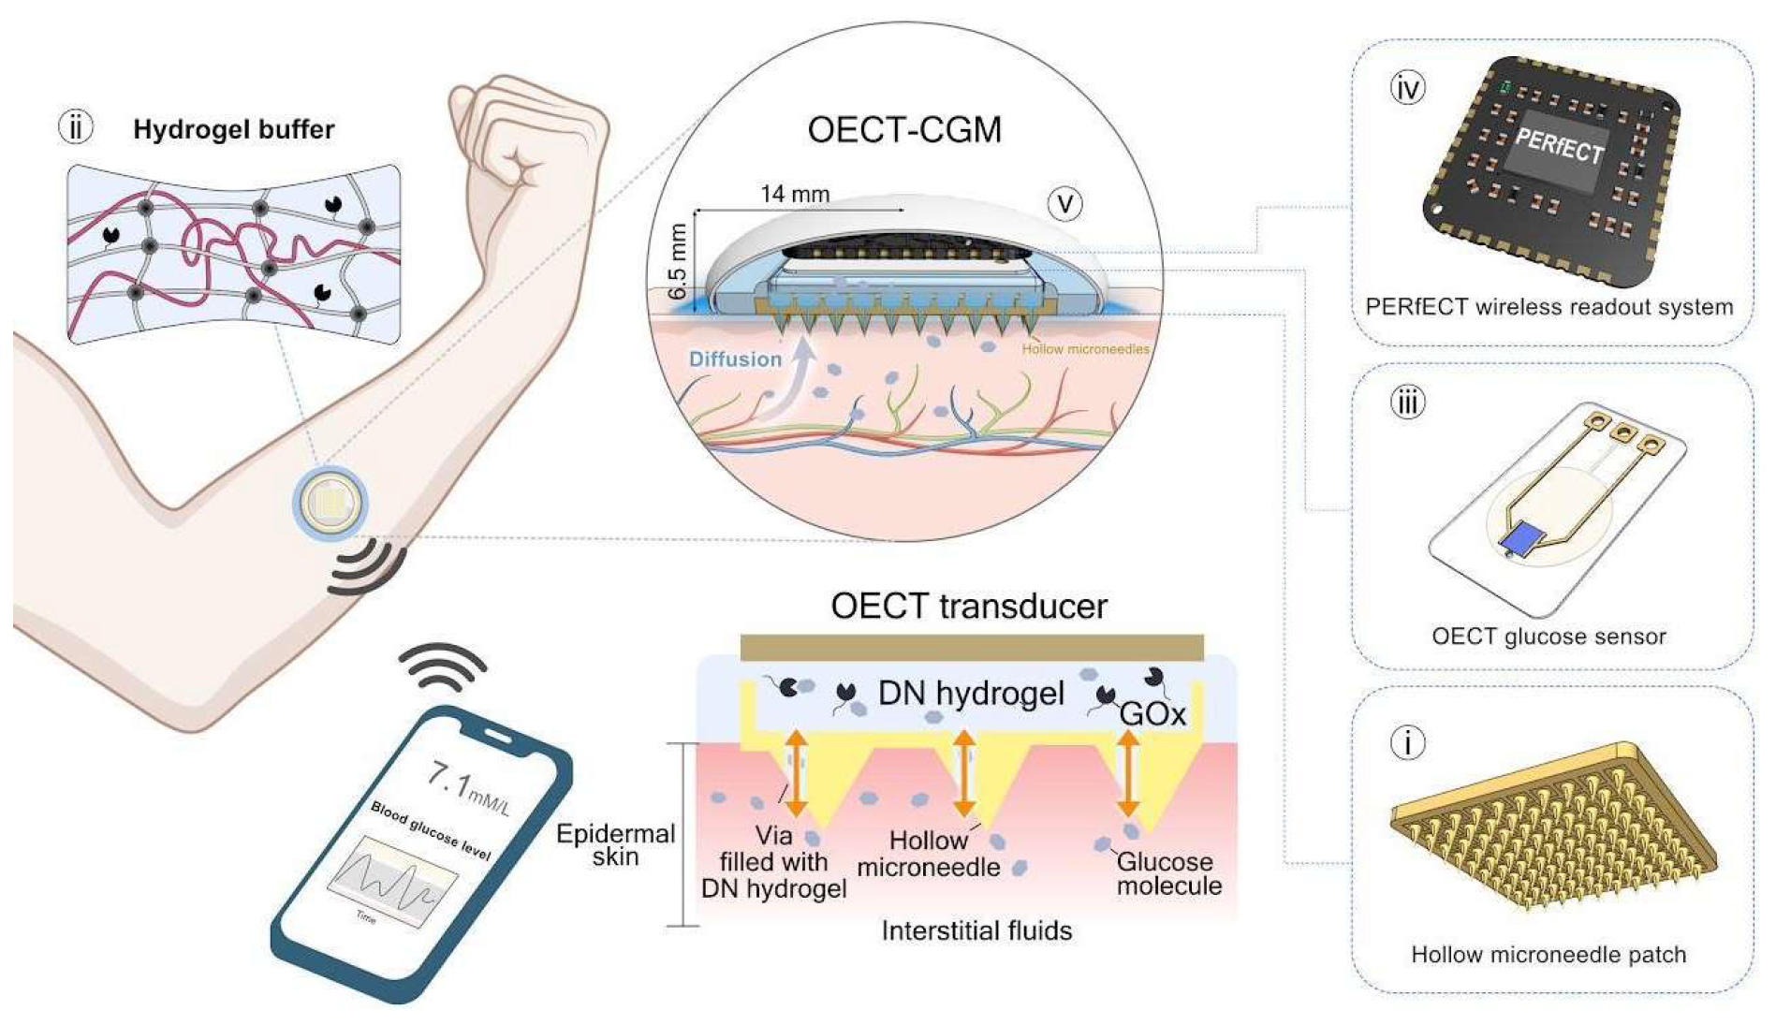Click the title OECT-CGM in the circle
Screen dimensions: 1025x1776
click(x=904, y=130)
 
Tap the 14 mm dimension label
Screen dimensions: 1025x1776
click(x=795, y=194)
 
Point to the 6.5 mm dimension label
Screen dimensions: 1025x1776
click(x=677, y=261)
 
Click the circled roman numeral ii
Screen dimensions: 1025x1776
click(x=76, y=126)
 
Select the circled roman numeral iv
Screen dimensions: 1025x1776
click(x=1407, y=88)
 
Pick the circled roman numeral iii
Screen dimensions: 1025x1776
click(x=1406, y=403)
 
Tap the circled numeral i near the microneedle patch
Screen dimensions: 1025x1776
click(x=1407, y=742)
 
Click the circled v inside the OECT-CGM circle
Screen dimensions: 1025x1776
click(x=1064, y=203)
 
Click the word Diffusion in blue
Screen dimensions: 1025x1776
click(x=735, y=359)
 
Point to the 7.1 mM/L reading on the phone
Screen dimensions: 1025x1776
click(x=468, y=786)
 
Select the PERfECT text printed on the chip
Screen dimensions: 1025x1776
click(x=1559, y=145)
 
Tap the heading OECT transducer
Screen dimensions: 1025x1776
click(x=968, y=607)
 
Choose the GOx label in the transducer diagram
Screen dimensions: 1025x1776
click(x=1152, y=714)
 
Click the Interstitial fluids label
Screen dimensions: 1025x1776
click(x=976, y=930)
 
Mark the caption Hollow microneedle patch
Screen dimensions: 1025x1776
click(x=1548, y=955)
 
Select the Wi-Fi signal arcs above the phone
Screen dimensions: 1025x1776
click(x=443, y=664)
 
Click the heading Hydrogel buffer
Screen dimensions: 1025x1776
click(x=234, y=129)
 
